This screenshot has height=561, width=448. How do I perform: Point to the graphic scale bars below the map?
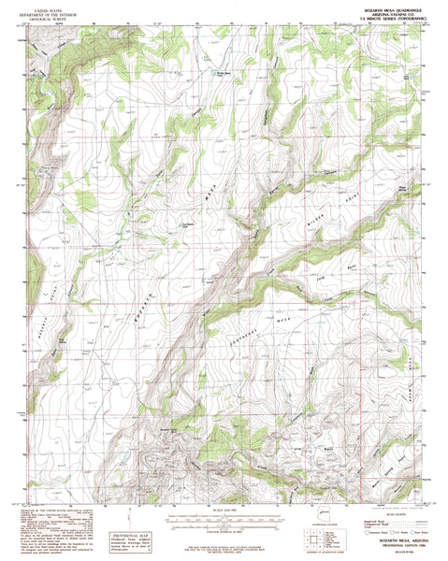pos(224,517)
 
